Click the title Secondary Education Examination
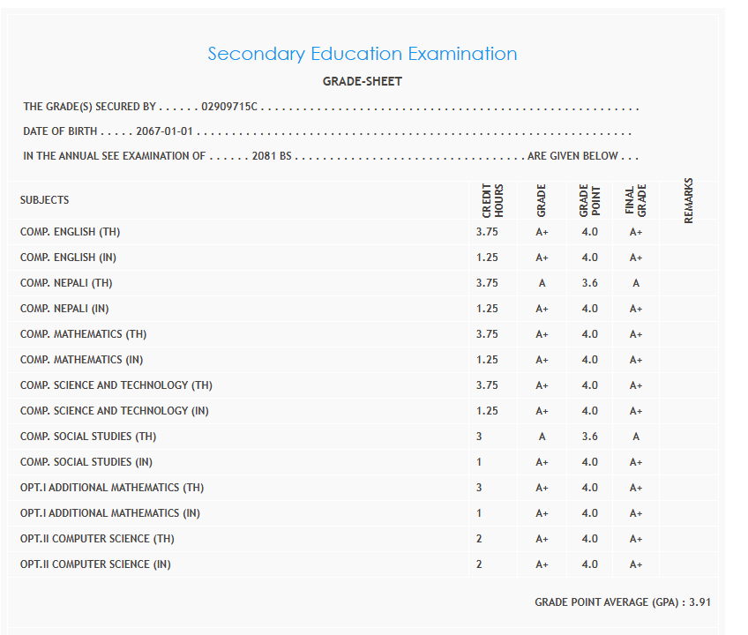[363, 54]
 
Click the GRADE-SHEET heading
[363, 82]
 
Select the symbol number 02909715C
[228, 108]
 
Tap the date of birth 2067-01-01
[165, 132]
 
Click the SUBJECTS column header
[44, 200]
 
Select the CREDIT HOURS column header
[492, 200]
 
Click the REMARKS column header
[689, 200]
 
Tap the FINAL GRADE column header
[636, 200]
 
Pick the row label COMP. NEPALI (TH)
[66, 283]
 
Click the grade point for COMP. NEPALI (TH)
[589, 283]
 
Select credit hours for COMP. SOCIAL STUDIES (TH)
[479, 437]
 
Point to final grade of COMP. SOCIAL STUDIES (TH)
[636, 437]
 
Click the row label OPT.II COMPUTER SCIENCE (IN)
[95, 564]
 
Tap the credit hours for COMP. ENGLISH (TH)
[487, 232]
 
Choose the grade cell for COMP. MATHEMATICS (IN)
[542, 360]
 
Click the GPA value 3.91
[699, 602]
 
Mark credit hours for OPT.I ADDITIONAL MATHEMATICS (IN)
[479, 513]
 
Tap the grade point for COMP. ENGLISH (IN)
[589, 258]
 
